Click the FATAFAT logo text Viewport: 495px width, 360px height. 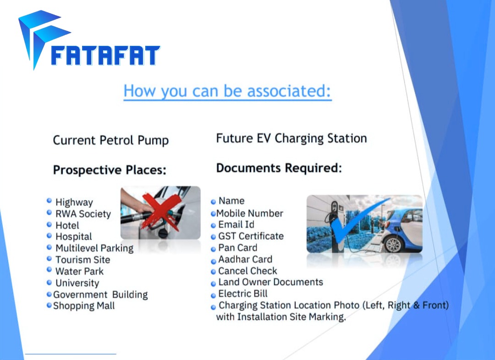coord(105,55)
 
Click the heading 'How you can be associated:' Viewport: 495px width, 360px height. coord(227,91)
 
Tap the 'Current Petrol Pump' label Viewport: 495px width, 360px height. coord(111,141)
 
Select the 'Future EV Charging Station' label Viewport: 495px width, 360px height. coord(291,138)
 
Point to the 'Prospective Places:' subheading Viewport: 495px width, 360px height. coord(110,170)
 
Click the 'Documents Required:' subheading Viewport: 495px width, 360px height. coord(279,168)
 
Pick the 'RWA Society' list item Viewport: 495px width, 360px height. coord(83,214)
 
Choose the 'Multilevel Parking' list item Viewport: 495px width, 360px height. coord(94,248)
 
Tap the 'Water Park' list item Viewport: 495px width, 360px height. coord(79,271)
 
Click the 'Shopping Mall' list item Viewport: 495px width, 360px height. coord(84,306)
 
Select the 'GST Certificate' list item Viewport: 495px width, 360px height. coord(251,236)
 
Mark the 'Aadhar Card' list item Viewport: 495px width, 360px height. coord(245,259)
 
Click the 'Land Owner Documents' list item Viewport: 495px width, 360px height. coord(270,282)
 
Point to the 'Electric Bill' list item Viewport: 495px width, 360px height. coord(243,294)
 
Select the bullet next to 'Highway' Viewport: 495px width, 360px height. coord(49,200)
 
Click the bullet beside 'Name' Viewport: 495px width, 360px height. coord(213,202)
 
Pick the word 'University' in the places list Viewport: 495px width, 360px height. coord(77,283)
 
